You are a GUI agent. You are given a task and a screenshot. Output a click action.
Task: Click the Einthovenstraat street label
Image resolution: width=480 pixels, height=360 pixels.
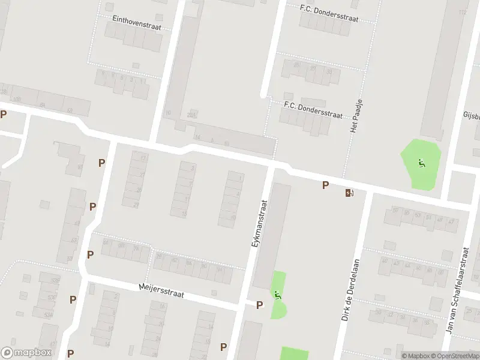[x=137, y=19]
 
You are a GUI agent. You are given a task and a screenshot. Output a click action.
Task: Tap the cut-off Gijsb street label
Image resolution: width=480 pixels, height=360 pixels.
[x=470, y=115]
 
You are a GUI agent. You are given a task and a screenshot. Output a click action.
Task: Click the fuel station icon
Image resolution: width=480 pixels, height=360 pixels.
[x=349, y=193]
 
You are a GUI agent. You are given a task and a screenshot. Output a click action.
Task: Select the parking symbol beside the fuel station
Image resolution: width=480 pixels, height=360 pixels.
[x=325, y=185]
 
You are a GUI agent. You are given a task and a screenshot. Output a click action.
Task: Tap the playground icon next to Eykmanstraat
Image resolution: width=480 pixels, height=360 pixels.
[x=277, y=295]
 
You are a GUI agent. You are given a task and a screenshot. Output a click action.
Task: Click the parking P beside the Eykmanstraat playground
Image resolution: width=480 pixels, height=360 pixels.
[x=260, y=305]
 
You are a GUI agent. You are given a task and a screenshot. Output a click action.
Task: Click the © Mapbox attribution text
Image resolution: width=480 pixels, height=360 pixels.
[x=414, y=356]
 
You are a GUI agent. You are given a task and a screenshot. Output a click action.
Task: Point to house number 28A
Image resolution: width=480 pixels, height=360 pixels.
[x=192, y=115]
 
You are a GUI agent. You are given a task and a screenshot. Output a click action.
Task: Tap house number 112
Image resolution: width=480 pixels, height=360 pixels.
[x=462, y=12]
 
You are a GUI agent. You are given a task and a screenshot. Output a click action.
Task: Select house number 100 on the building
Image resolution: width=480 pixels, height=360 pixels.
[x=16, y=99]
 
